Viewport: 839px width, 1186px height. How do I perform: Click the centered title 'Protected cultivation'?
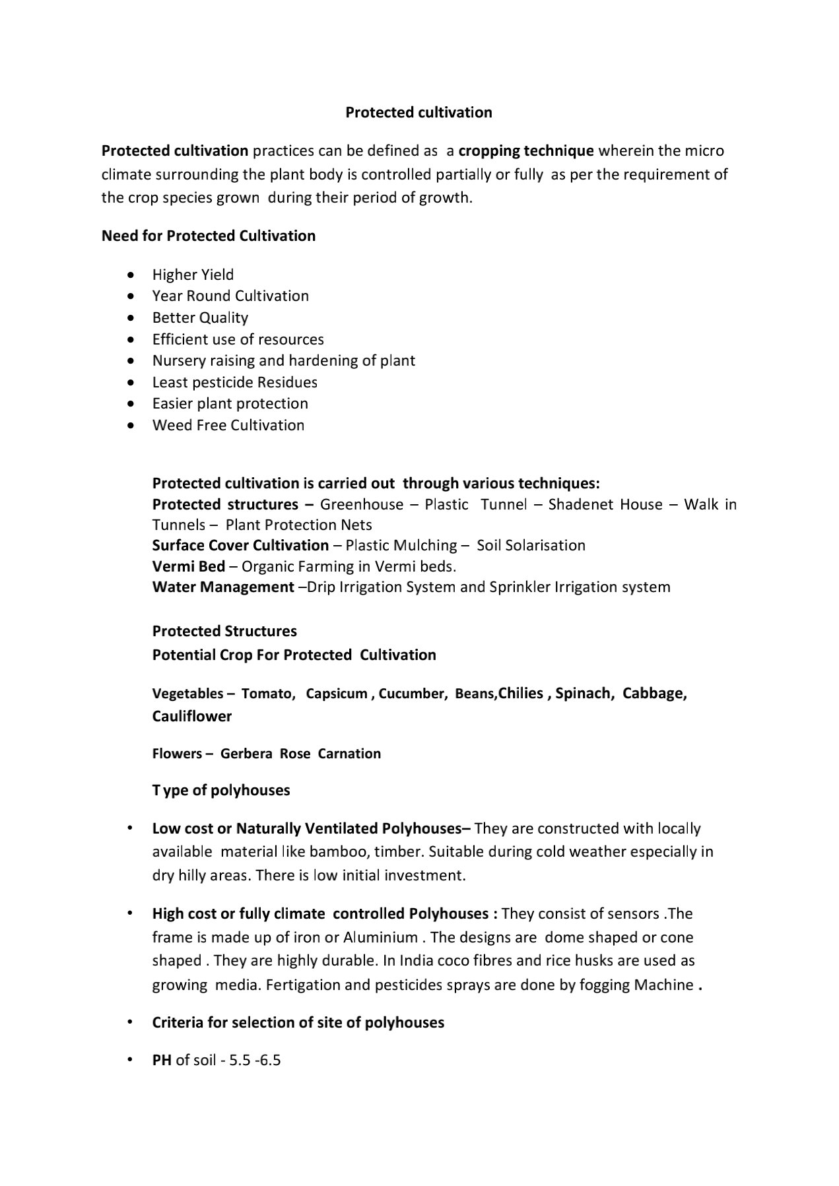419,112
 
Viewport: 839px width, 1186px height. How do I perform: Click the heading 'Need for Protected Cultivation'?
209,236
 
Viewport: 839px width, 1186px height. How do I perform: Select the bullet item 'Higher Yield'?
193,275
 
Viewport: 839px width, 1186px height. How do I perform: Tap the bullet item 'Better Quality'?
200,317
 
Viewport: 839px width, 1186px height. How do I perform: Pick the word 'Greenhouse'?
362,504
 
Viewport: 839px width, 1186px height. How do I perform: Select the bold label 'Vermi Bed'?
189,566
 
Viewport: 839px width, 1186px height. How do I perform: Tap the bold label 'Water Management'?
223,587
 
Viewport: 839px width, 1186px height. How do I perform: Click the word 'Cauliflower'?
192,716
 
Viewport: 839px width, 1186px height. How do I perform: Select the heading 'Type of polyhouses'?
221,790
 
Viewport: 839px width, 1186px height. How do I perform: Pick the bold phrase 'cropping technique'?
526,150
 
